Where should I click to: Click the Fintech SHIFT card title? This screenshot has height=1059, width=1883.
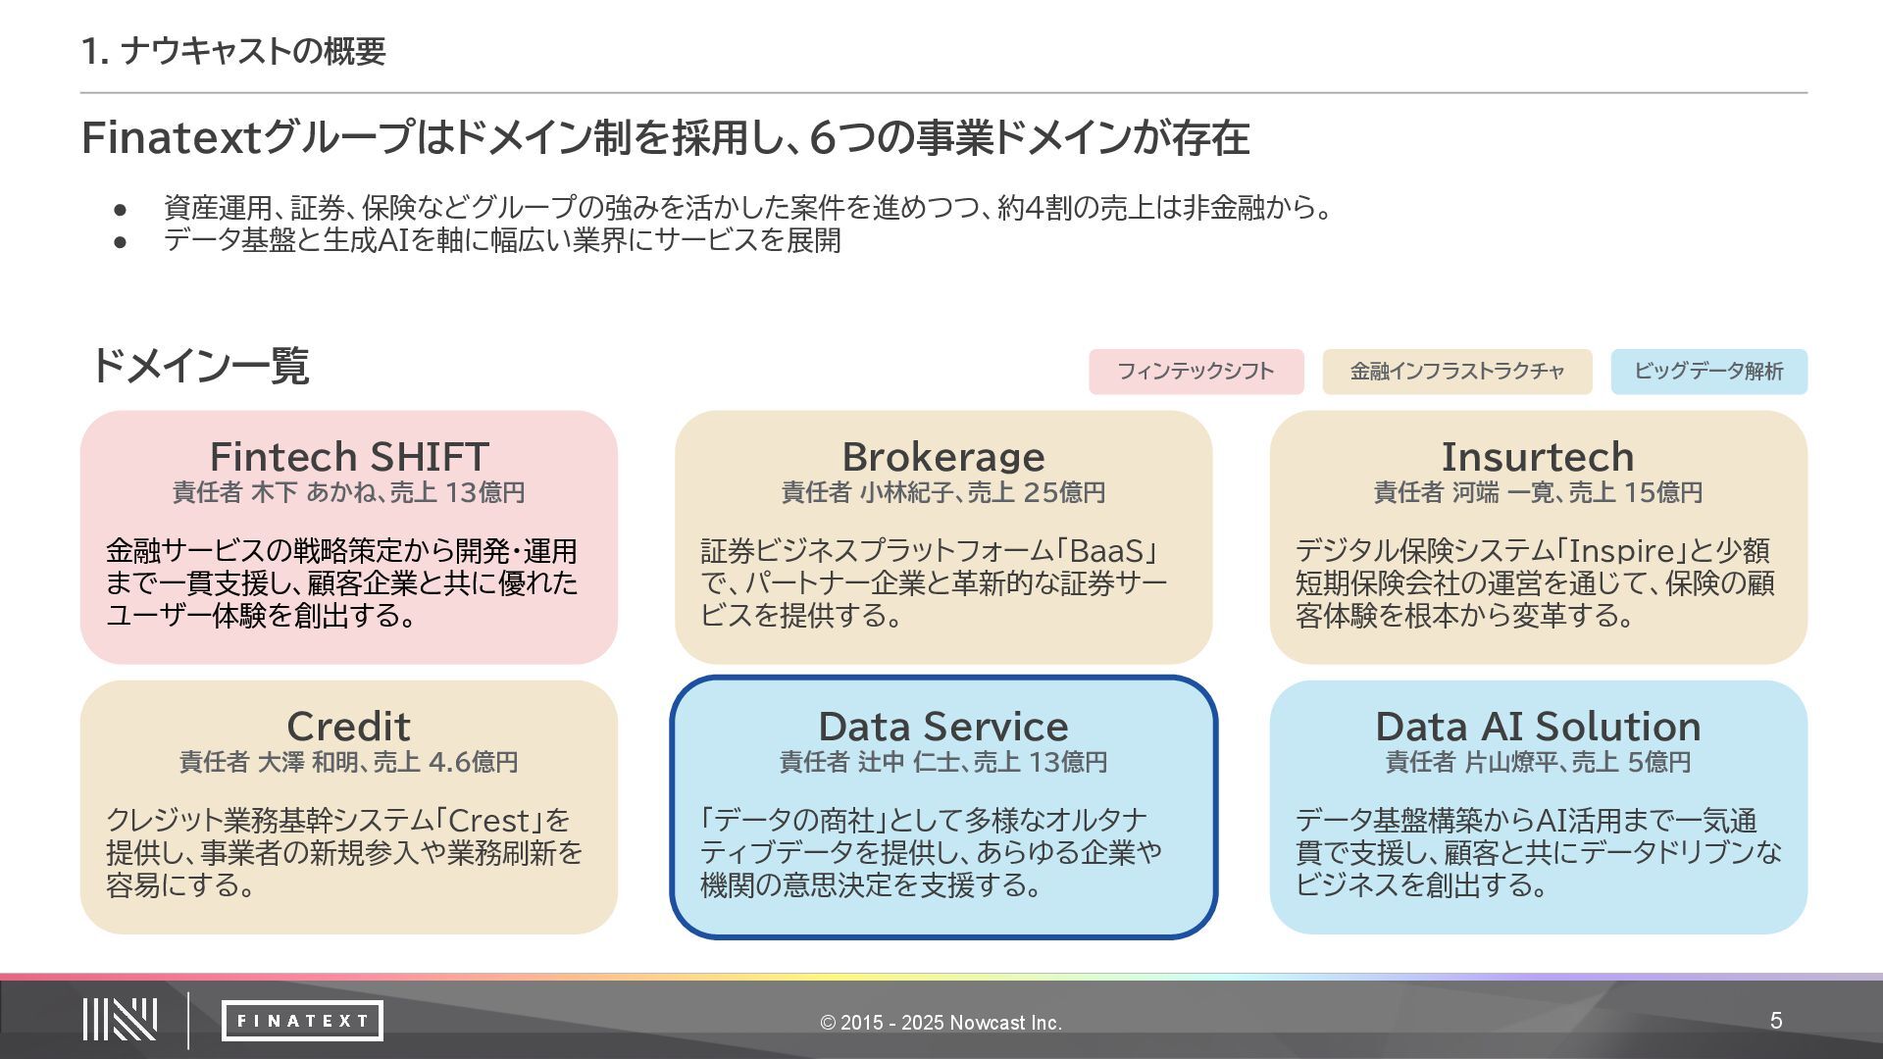[349, 457]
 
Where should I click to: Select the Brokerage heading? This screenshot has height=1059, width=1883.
[943, 457]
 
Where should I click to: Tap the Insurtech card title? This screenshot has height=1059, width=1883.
[1538, 457]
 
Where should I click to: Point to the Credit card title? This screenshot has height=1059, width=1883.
[348, 727]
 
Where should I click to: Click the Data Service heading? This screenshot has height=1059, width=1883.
[943, 727]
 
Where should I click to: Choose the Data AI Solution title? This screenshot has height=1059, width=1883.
[1538, 727]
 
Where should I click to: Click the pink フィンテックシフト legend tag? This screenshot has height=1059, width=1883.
[1196, 372]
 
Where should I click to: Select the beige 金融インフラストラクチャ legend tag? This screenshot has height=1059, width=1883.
[1456, 372]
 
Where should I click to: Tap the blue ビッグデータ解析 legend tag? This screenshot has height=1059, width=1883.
[1708, 372]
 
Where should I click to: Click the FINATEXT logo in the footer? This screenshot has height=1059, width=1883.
[302, 1021]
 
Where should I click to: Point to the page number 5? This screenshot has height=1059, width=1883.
[1776, 1021]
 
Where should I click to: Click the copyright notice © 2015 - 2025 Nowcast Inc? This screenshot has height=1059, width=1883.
[941, 1023]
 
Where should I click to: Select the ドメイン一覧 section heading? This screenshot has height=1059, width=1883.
[200, 366]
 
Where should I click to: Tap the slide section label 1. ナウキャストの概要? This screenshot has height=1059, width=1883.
[233, 51]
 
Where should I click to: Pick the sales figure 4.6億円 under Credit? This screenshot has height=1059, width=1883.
[473, 762]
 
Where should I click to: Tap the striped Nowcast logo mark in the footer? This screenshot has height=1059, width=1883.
[120, 1020]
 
